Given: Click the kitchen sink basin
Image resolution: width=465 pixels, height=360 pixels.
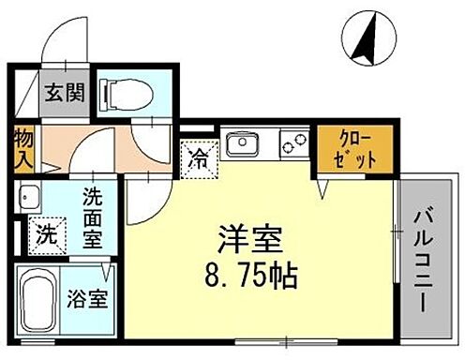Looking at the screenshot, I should click(x=248, y=145).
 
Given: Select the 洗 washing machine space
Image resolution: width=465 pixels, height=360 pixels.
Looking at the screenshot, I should click(x=46, y=235).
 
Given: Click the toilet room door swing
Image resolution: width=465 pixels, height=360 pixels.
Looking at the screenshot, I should click(x=150, y=141).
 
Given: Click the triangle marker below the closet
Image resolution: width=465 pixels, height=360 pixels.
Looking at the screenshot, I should click(x=323, y=188).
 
